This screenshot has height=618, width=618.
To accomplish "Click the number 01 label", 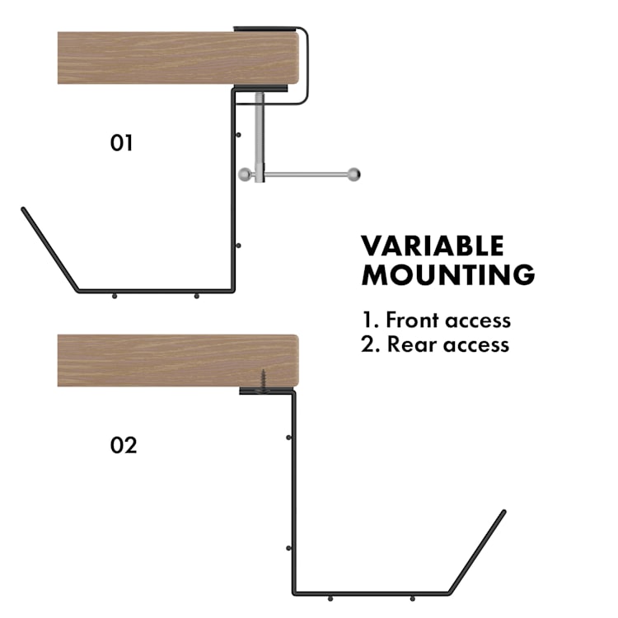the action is (121, 143).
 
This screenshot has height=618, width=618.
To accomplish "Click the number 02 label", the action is (123, 446).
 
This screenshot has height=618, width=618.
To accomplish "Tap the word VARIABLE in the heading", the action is (432, 246).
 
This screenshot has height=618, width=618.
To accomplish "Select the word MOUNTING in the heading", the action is (447, 275).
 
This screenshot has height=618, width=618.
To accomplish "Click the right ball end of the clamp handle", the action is (353, 175).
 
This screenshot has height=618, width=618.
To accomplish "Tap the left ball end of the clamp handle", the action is (245, 175).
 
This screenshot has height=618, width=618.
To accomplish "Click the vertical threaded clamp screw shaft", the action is (260, 132).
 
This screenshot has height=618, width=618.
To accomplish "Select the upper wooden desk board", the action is (177, 58).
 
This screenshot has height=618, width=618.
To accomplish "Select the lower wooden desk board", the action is (177, 360).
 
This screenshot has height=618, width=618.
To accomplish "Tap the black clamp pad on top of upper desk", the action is (265, 29).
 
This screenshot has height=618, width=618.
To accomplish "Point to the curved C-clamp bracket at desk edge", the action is (307, 66).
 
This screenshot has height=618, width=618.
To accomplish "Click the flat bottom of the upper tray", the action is (157, 291).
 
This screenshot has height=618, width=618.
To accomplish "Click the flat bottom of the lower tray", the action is (371, 593).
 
